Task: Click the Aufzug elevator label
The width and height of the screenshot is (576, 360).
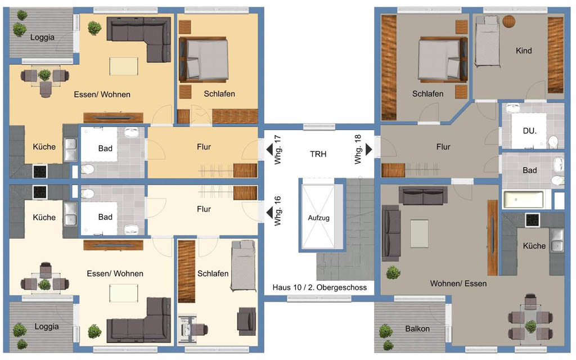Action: pos(318,218)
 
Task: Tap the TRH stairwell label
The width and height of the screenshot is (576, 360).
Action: pos(318,154)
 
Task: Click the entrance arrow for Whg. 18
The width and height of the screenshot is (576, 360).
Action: pos(369,149)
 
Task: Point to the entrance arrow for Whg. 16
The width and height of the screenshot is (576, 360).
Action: pos(269,212)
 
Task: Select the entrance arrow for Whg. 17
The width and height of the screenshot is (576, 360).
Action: pos(269,150)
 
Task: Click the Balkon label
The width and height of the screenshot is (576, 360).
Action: pos(417,328)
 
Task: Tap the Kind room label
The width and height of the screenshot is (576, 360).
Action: pos(524,51)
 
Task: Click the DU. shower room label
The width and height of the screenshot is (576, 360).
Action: pos(529,130)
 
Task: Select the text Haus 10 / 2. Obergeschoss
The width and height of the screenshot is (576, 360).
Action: pos(319,287)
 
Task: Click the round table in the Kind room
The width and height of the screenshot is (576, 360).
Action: pos(508,21)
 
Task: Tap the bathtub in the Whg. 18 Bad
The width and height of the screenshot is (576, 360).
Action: pos(523,200)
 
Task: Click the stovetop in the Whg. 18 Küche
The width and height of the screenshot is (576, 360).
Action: pos(532,220)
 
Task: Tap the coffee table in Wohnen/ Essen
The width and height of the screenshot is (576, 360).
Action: pos(419,233)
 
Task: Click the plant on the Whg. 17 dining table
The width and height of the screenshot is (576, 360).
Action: pos(44,75)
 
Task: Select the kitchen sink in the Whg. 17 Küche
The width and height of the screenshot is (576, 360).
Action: pos(70,150)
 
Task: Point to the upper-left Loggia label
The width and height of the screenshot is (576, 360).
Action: pos(42,37)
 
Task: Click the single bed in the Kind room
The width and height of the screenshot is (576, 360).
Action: pos(488,41)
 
